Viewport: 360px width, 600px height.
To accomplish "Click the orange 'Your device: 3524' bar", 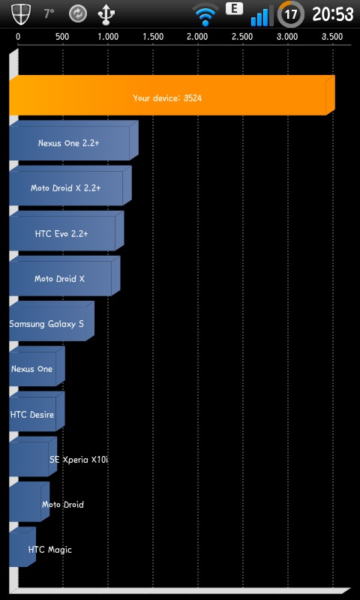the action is [x=172, y=95].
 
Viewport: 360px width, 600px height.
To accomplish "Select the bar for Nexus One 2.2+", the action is [x=73, y=140].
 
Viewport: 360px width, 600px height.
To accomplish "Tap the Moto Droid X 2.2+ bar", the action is [x=70, y=185].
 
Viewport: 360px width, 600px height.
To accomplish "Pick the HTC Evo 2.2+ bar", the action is [x=66, y=231].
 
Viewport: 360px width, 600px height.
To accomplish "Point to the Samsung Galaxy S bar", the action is [x=51, y=321].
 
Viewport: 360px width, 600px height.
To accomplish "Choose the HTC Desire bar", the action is [x=37, y=411].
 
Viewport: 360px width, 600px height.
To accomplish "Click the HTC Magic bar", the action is [x=22, y=547].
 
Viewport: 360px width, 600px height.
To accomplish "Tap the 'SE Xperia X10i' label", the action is [x=79, y=460].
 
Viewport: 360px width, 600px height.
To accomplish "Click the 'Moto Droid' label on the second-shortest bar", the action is [x=63, y=505].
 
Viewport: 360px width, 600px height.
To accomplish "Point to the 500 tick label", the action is [x=62, y=37].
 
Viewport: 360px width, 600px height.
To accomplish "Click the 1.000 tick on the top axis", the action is [x=108, y=37].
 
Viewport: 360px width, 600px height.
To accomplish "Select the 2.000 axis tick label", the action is [x=197, y=37].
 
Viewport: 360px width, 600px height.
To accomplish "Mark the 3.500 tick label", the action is [x=332, y=37].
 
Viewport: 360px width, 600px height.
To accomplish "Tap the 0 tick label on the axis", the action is [x=18, y=37].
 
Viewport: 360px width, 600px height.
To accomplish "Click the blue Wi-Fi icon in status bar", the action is [x=205, y=14].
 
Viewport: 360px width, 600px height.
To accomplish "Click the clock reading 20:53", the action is [x=333, y=14].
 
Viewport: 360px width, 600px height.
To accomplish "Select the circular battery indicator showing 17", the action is [x=291, y=14].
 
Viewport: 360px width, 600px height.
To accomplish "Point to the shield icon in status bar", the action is [x=19, y=14].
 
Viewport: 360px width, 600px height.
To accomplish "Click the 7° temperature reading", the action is [x=49, y=14].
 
